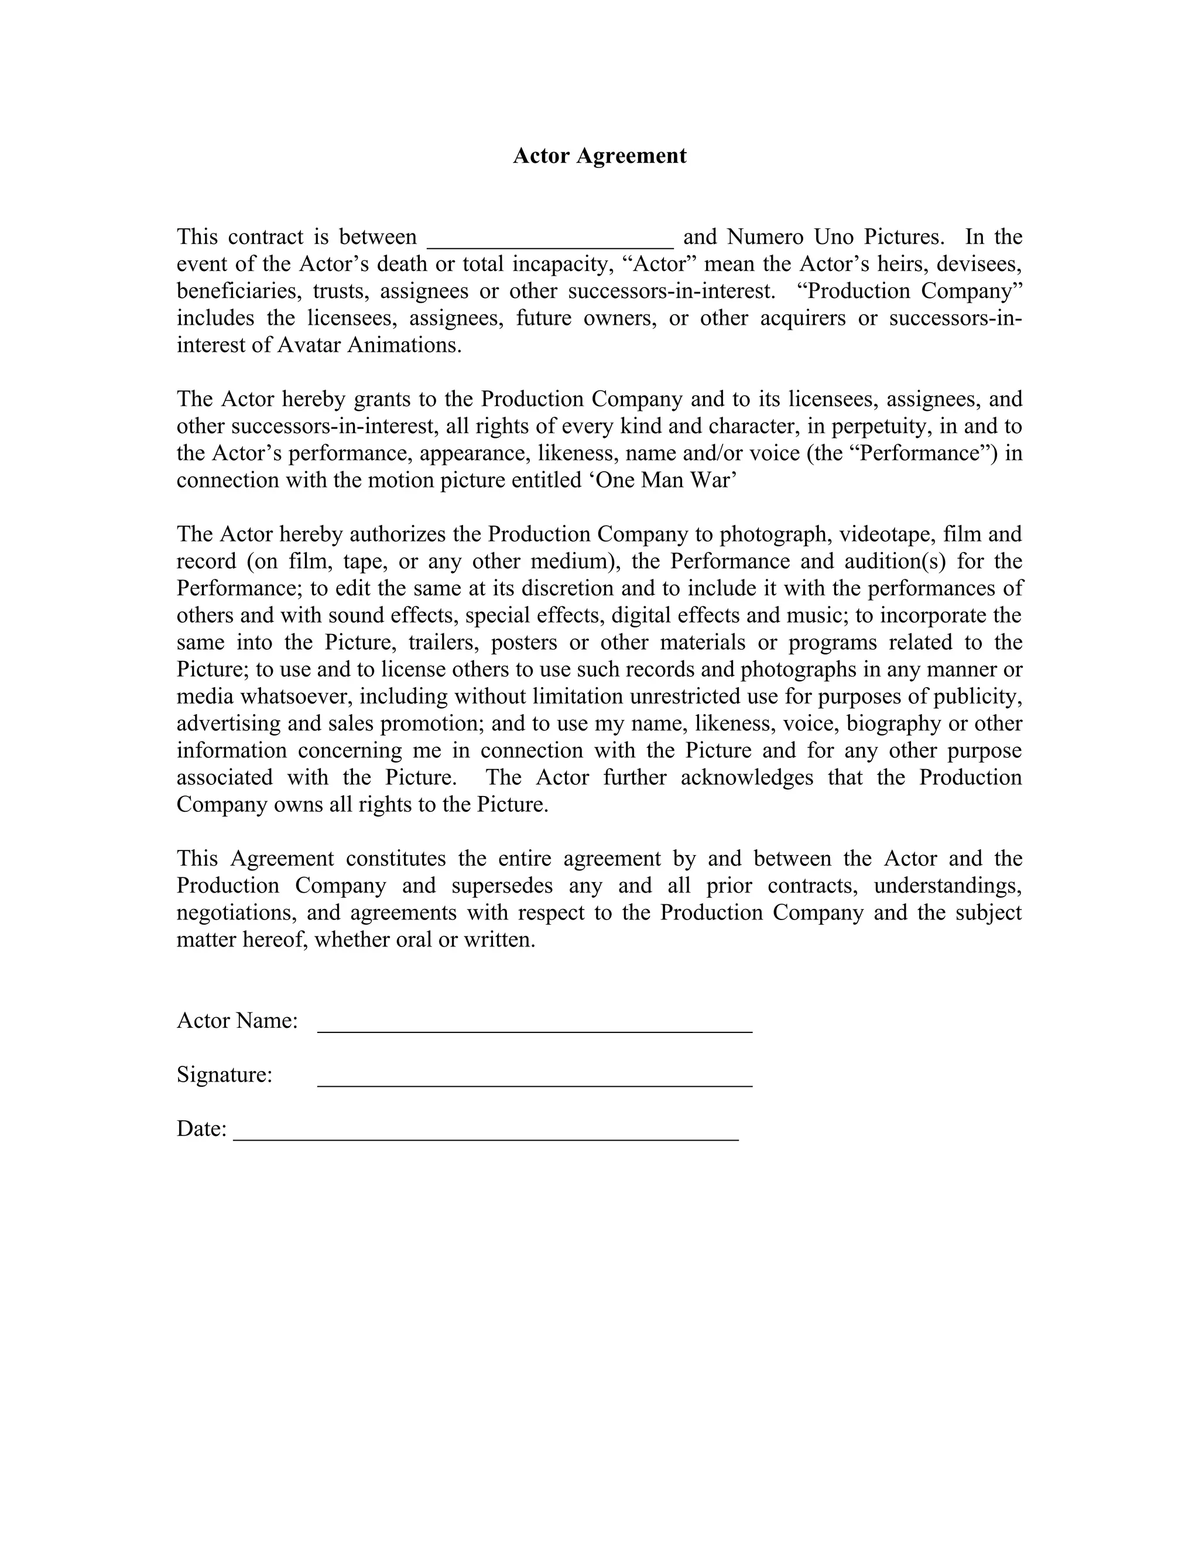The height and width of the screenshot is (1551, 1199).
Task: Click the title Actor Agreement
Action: point(599,156)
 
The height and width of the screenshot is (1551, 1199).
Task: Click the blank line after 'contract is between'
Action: point(550,242)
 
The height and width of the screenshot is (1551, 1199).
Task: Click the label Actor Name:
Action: point(237,1021)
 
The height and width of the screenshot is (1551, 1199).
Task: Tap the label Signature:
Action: point(224,1075)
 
